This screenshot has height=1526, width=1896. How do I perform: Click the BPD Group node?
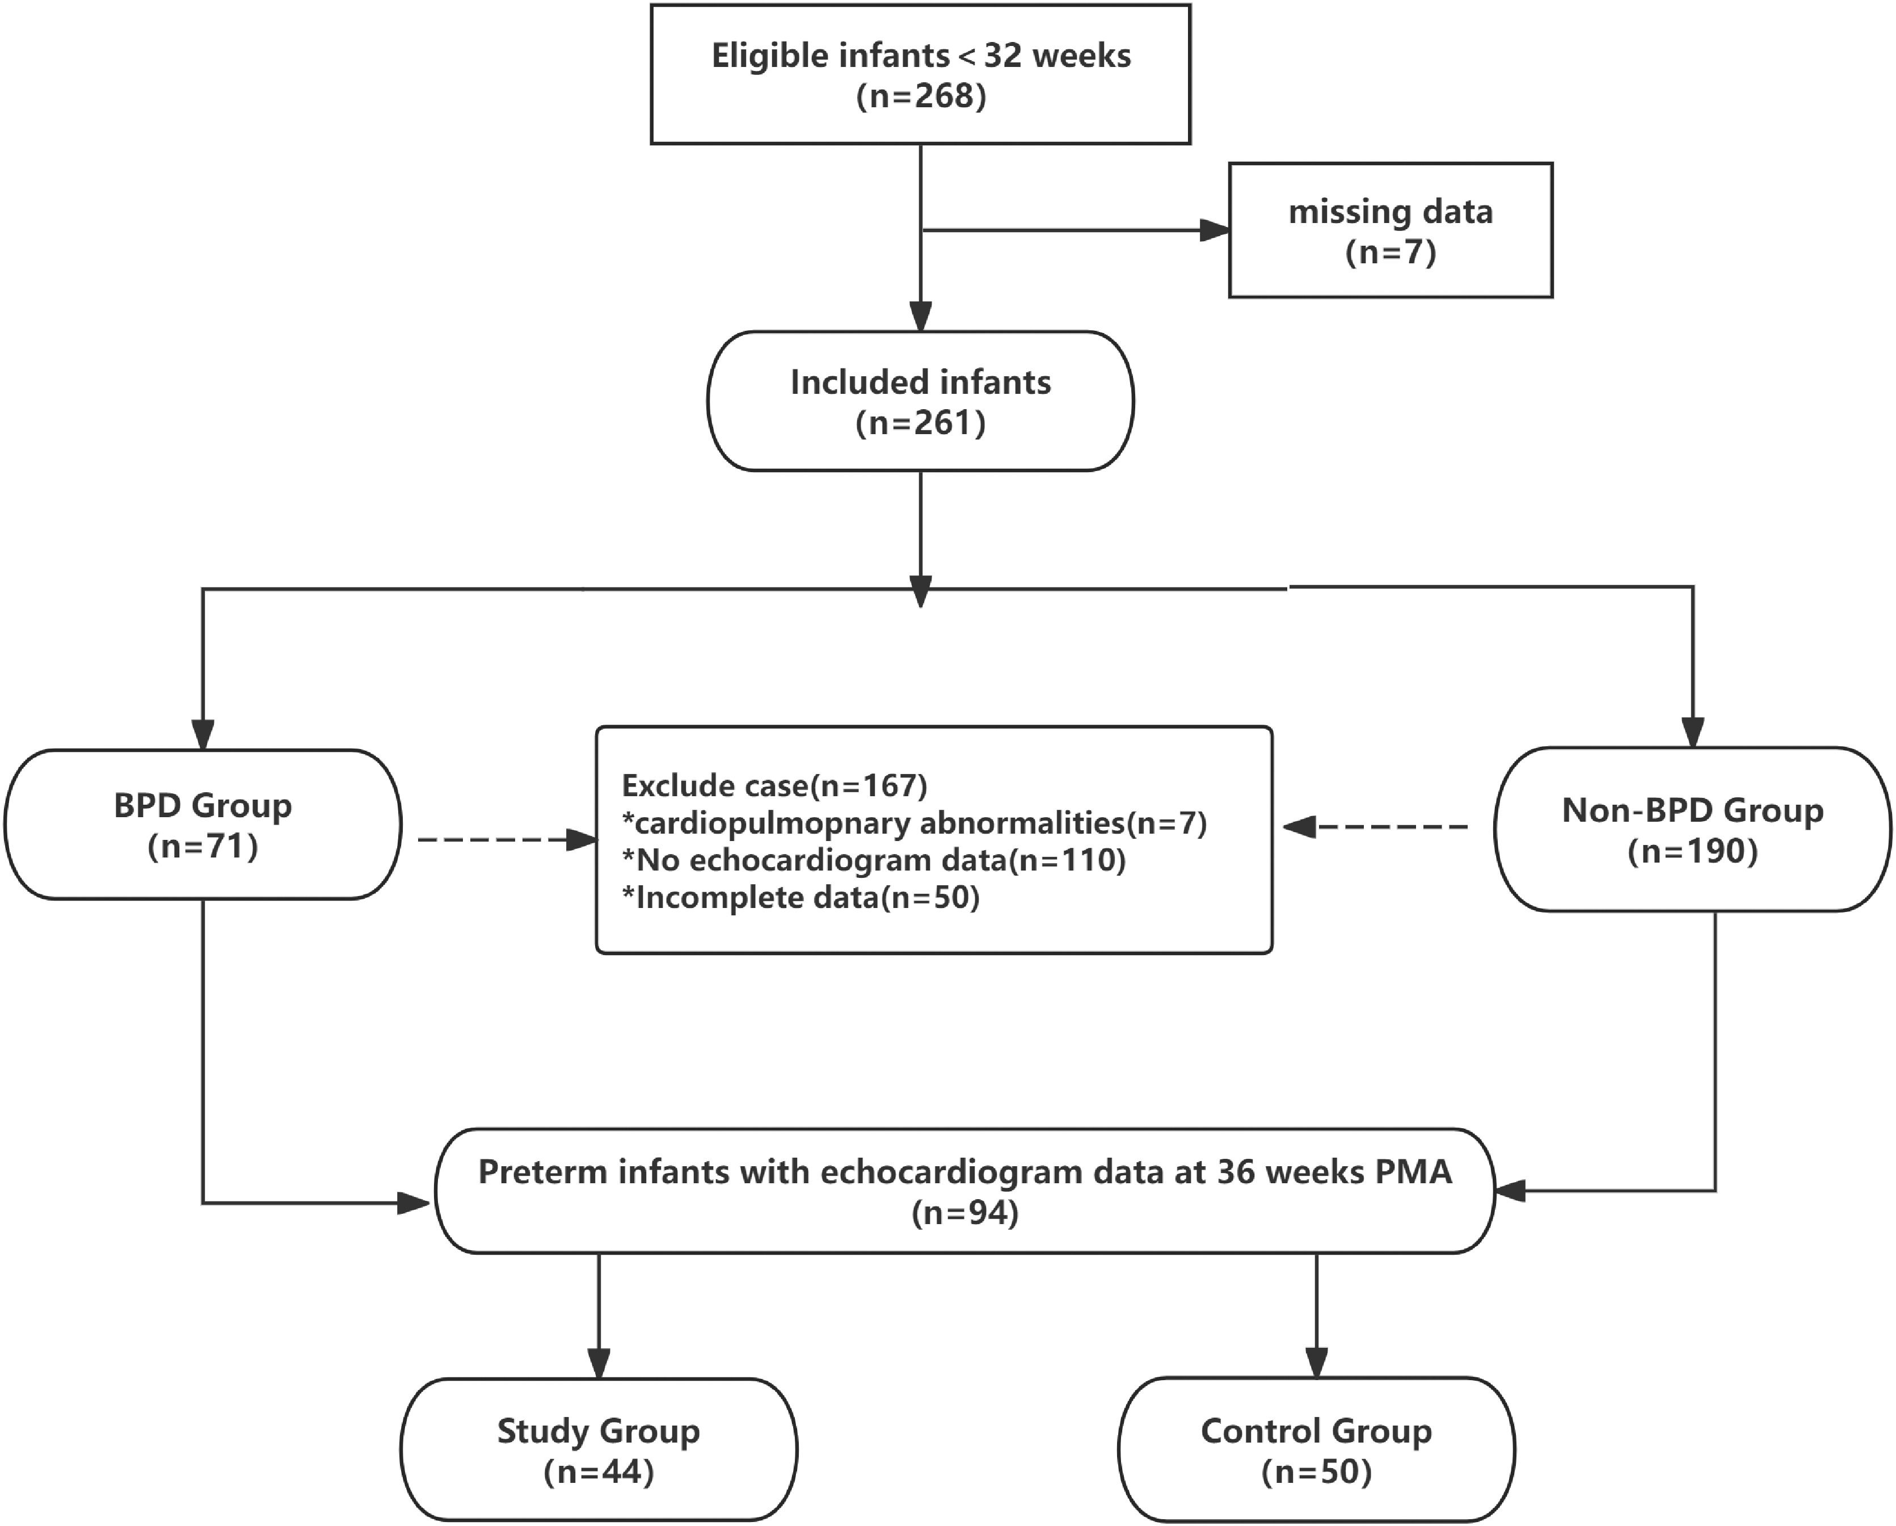(x=203, y=824)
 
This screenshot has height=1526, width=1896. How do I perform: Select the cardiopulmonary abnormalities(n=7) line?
(x=914, y=823)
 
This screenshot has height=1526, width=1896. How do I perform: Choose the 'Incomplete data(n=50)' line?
(x=800, y=898)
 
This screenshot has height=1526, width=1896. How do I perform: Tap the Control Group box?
(x=1316, y=1449)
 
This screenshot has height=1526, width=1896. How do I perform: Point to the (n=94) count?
(x=964, y=1213)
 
